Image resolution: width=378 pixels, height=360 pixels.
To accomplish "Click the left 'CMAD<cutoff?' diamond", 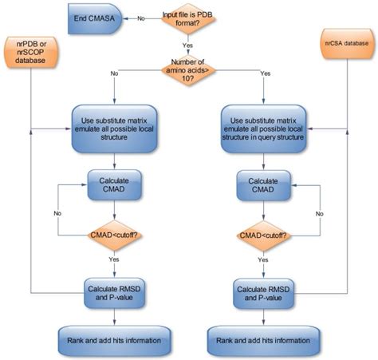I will (116, 236).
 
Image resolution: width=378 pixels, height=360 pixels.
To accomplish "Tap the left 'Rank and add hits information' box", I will (116, 342).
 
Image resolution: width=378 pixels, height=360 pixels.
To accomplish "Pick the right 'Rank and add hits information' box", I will (264, 342).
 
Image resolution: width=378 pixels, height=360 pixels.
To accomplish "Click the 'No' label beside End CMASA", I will (140, 18).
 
